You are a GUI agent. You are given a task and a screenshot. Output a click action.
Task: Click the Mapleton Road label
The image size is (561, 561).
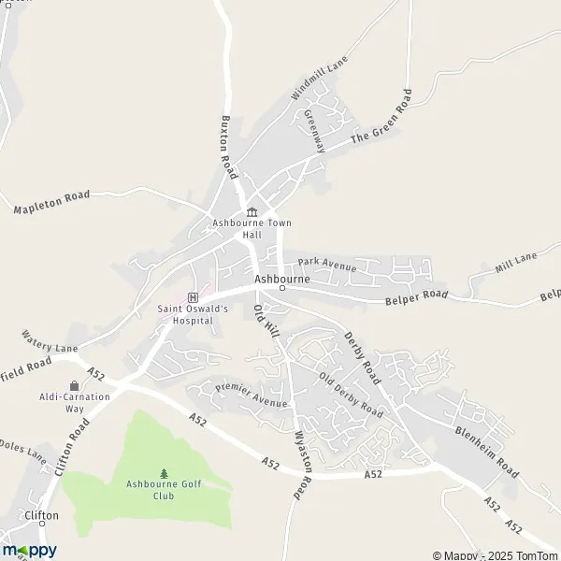coord(51,202)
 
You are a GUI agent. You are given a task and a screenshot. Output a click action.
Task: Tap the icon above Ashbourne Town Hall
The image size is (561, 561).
coord(252,211)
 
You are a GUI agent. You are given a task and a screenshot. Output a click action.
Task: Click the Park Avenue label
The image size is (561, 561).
coord(327,266)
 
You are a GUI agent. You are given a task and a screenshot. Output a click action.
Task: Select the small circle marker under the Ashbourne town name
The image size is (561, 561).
coord(281,288)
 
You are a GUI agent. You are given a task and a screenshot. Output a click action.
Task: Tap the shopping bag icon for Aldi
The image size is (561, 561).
coord(74,384)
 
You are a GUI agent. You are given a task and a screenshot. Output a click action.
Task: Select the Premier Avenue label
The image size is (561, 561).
coord(251,395)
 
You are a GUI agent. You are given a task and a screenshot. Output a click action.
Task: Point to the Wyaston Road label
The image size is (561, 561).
coord(301,464)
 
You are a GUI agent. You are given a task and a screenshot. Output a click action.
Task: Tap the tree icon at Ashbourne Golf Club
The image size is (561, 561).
coord(165,473)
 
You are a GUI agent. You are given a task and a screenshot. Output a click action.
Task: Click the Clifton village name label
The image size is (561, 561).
coord(43,515)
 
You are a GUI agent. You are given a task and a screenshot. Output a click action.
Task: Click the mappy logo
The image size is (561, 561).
coord(29,551)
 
